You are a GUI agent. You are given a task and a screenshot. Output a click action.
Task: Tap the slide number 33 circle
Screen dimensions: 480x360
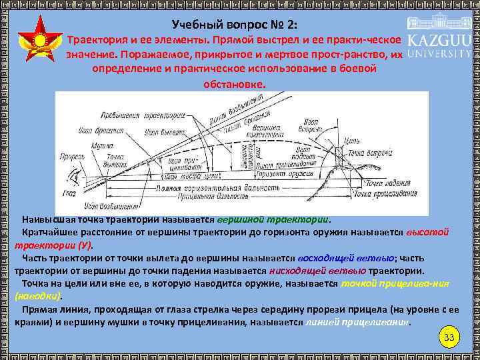click(x=449, y=338)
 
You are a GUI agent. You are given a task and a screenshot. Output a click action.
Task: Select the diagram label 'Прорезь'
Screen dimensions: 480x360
click(x=71, y=157)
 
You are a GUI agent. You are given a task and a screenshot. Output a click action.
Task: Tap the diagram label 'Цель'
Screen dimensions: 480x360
click(x=353, y=141)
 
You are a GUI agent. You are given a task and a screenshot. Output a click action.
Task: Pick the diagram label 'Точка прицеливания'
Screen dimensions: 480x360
click(x=382, y=193)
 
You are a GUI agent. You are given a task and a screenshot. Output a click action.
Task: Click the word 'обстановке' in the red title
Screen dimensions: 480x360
click(x=233, y=85)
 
